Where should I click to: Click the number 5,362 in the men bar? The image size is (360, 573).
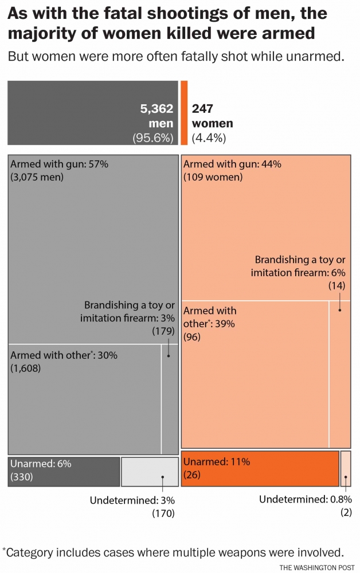156,108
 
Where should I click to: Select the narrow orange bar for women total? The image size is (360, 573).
184,112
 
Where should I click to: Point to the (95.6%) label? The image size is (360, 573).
153,138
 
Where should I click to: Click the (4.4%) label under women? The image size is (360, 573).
209,138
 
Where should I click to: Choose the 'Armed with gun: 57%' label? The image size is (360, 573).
60,164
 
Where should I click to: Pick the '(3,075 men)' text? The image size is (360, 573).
37,177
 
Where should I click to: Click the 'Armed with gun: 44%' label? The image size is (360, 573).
232,164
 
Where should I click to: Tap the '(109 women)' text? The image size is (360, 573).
213,177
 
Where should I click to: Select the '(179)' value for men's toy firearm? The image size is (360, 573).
163,331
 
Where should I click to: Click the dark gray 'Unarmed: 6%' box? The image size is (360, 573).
64,472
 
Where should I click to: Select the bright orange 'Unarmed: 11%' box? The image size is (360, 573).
260,468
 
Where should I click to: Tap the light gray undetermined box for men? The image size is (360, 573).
150,472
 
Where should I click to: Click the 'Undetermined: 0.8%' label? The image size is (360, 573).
306,500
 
